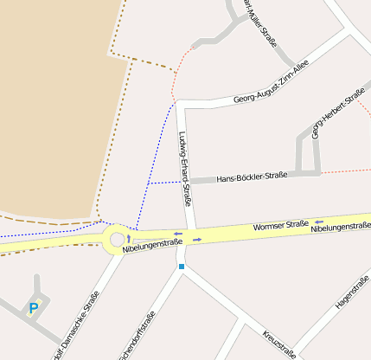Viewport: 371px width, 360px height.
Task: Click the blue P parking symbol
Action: [x=34, y=307]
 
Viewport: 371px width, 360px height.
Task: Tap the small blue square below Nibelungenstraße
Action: [x=182, y=267]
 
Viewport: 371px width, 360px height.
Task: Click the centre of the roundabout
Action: [x=115, y=240]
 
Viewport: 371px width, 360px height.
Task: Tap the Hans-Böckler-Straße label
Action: [x=252, y=176]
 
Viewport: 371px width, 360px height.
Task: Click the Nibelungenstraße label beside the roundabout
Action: [x=152, y=246]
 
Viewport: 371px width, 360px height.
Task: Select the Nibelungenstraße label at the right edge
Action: [x=341, y=227]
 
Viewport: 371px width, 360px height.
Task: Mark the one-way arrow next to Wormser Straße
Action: [x=319, y=221]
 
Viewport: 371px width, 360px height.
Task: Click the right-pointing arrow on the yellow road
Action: [x=197, y=239]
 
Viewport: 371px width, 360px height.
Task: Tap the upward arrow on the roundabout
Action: [x=129, y=237]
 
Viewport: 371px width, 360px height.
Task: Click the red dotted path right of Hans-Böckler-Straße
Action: [x=346, y=170]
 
